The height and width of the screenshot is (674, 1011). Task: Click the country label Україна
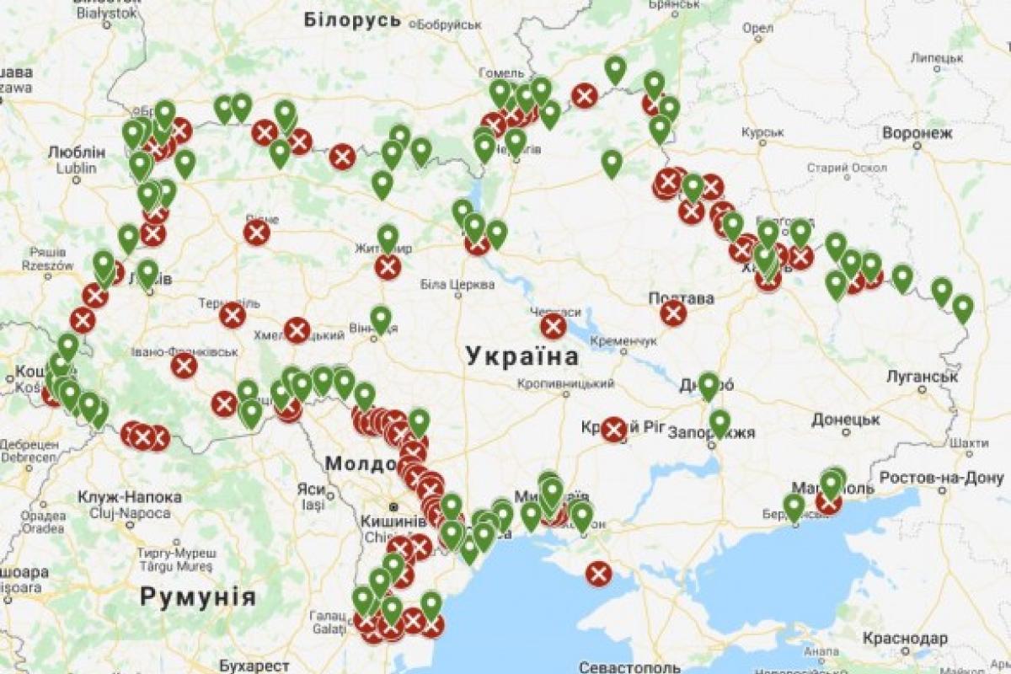pos(523,356)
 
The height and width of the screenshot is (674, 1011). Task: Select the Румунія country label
pos(197,597)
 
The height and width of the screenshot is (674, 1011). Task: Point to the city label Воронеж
pos(917,133)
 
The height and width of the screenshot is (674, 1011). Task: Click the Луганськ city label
pos(922,376)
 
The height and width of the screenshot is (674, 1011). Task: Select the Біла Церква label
pos(457,285)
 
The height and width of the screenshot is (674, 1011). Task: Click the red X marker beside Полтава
pos(673,313)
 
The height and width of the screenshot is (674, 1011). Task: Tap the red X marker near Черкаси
pos(554,327)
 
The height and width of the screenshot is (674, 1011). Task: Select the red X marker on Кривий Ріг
pos(613,430)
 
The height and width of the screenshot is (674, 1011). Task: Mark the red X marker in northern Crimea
pos(599,575)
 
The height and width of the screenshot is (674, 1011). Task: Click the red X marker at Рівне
pos(257,233)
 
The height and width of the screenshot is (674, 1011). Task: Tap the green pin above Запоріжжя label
pos(719,421)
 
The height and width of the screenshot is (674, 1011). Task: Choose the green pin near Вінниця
pos(381,318)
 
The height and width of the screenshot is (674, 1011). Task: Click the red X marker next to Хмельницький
pos(297,330)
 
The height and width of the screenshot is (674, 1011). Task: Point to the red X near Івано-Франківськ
pos(184,366)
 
